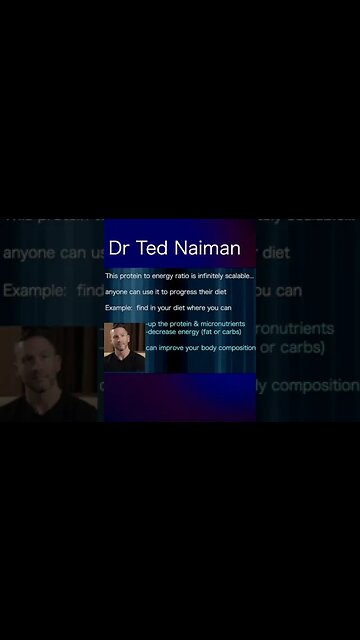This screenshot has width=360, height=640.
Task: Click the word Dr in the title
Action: [119, 247]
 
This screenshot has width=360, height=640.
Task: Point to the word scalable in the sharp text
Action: [238, 275]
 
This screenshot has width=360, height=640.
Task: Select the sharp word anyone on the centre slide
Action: [116, 291]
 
